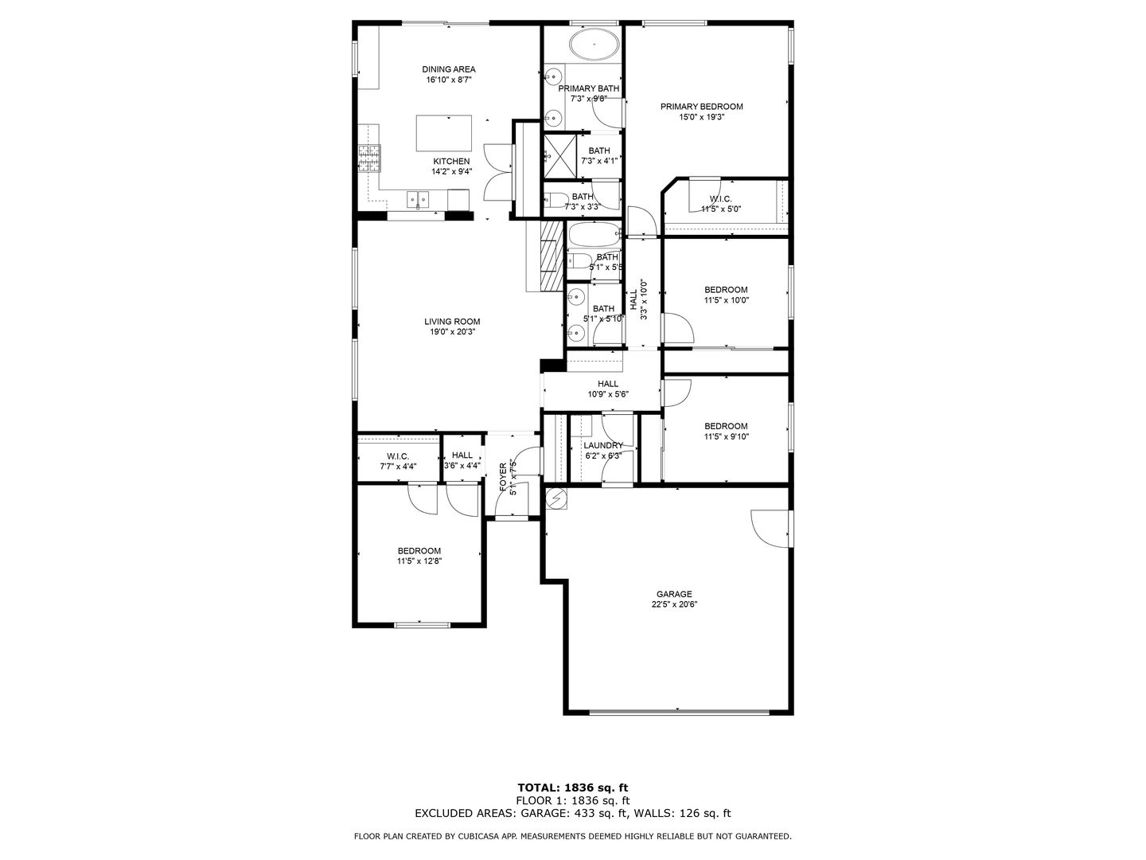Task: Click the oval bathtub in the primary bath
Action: pos(594,45)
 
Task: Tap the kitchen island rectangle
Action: pos(443,133)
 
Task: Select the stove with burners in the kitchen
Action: pos(368,158)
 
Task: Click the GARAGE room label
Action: pos(673,594)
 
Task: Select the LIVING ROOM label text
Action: pos(452,322)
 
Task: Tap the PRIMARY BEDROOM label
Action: pos(701,107)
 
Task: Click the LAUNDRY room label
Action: pos(602,446)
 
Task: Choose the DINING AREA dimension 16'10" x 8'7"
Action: pos(449,80)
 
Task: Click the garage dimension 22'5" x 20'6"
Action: pos(673,604)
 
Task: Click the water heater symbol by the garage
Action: pos(555,498)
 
